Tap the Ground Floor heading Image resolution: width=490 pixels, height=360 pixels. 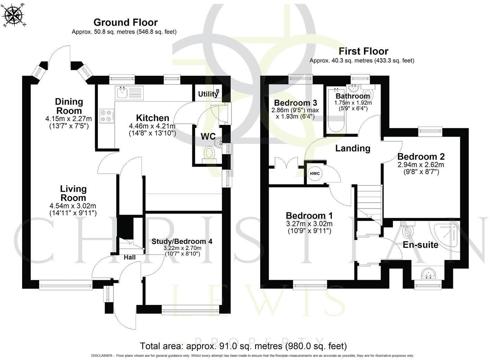tap(126, 22)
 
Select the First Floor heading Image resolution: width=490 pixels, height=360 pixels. tap(363, 52)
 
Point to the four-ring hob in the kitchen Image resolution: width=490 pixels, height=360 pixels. tap(107, 116)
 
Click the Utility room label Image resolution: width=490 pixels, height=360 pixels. tap(208, 94)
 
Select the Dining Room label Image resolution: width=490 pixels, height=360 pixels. tap(69, 106)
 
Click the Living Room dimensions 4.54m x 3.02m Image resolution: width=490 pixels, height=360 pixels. tap(73, 206)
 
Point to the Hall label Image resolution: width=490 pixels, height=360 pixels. tap(129, 257)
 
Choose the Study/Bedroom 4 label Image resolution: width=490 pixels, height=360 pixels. tap(182, 241)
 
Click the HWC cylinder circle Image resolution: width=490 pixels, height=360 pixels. tap(315, 174)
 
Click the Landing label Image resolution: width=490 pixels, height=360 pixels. tap(353, 148)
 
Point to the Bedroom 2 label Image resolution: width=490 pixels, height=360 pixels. tap(421, 157)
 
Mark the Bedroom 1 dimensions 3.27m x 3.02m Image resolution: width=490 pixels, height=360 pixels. tap(309, 224)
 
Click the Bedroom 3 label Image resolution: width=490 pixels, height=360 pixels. tap(296, 103)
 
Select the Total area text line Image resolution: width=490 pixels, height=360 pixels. tap(243, 346)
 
